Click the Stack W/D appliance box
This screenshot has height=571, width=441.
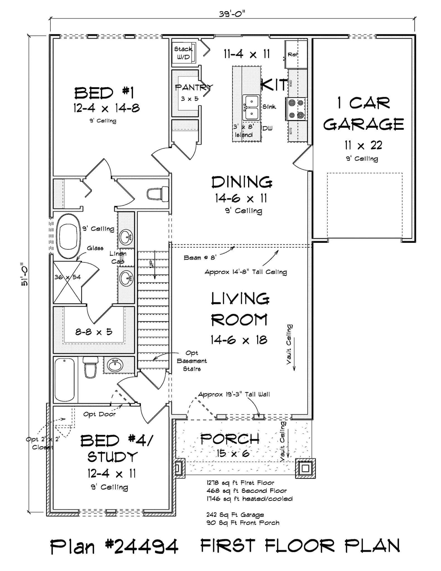tap(183, 53)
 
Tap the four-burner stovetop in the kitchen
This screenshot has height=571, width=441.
tap(296, 109)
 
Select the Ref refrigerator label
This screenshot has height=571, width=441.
tap(293, 55)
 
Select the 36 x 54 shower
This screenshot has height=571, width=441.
tap(67, 282)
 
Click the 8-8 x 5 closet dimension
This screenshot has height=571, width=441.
tap(94, 332)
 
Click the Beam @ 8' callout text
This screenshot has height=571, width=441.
tap(200, 258)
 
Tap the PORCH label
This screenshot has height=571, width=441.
tap(230, 439)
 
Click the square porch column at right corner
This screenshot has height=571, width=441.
tap(306, 468)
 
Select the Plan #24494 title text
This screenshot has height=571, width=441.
tap(114, 547)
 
